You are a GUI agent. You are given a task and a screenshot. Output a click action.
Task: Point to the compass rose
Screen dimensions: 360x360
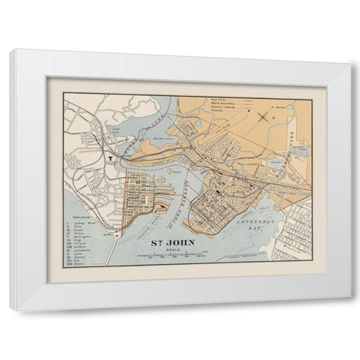click(262, 116)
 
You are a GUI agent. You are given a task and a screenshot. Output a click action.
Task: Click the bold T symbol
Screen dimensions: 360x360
click(109, 158)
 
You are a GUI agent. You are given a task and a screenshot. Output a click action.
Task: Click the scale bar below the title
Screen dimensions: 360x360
click(177, 256)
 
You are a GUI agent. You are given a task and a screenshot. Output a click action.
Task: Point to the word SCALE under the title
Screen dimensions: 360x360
click(177, 250)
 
